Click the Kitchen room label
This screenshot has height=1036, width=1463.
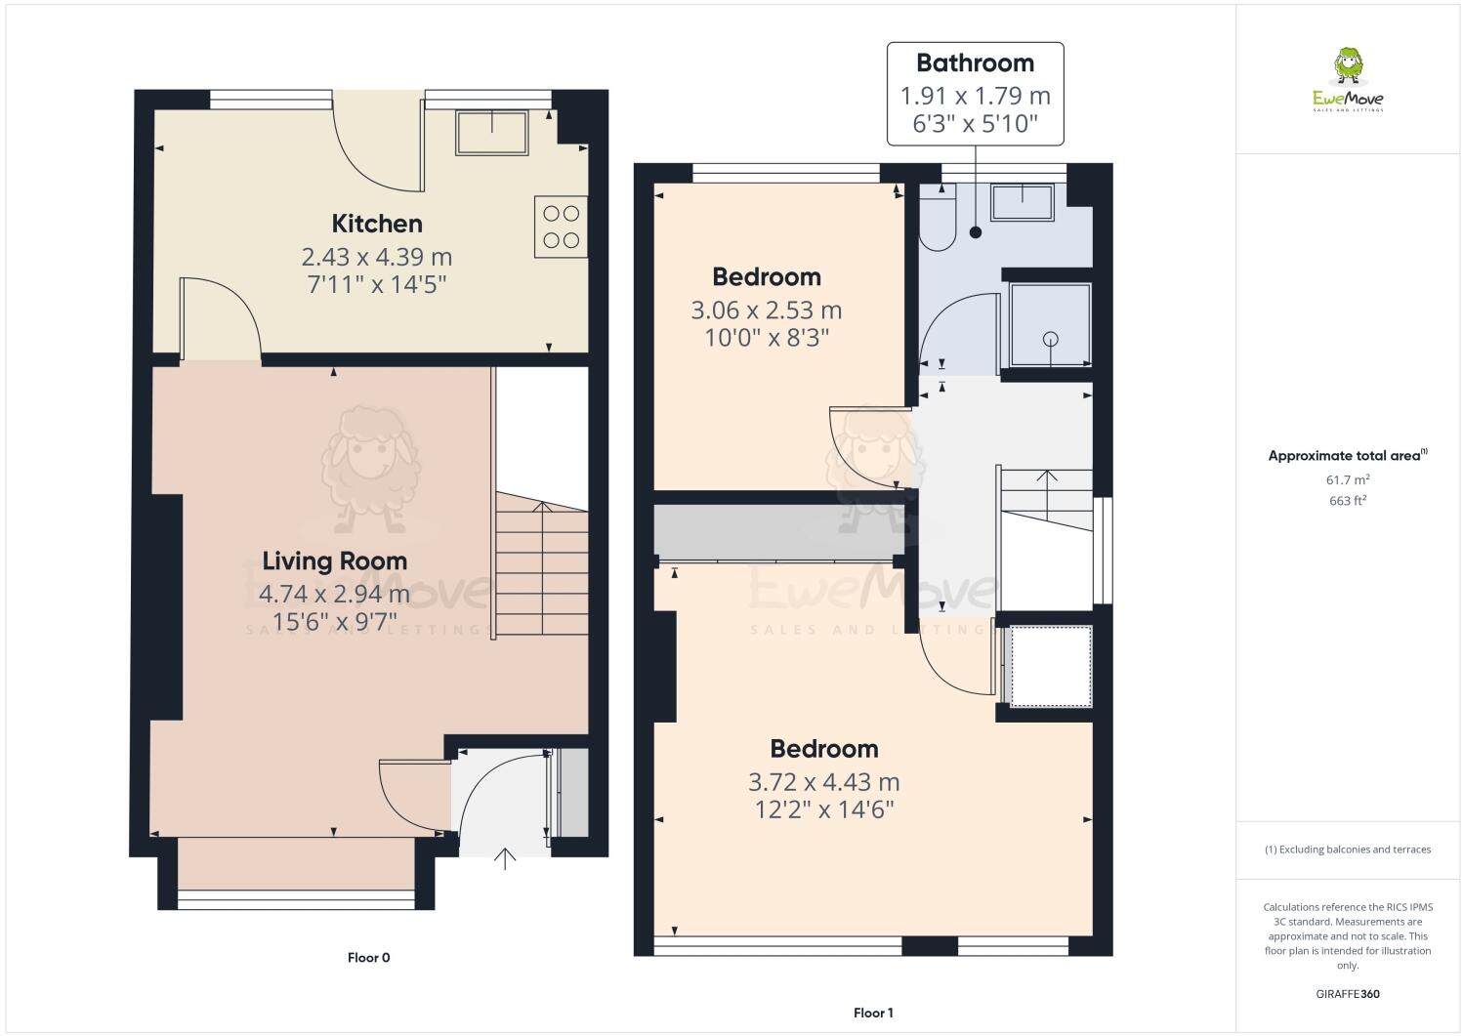coord(377,224)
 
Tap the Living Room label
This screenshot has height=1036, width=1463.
coord(334,561)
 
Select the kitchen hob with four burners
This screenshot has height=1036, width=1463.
coord(561,227)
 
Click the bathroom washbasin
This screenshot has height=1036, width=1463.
coord(1022,202)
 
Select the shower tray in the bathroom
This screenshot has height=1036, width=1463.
coord(1050,325)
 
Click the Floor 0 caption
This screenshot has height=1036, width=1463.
coord(368,958)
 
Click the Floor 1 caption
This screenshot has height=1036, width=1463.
coord(873,1014)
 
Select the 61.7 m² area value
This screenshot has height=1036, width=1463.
coord(1347,479)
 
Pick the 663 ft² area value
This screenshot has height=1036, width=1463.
coord(1347,501)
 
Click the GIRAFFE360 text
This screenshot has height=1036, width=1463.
coord(1348,994)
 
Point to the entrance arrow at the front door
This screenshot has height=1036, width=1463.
coord(505,858)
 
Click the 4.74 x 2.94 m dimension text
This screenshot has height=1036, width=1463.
coord(334,594)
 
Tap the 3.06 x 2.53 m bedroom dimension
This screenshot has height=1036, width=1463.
coord(766,311)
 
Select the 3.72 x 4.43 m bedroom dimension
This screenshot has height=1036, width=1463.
coord(823,782)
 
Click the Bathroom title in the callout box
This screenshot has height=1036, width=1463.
coord(975,63)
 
